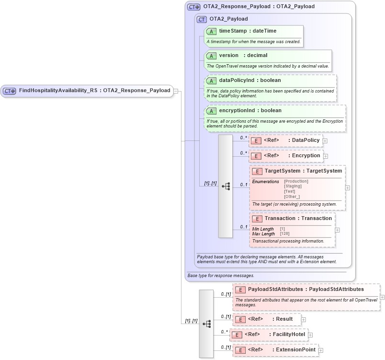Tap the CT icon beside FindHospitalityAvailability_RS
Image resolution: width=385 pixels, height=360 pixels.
(10, 91)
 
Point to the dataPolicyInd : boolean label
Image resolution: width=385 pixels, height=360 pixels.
(250, 81)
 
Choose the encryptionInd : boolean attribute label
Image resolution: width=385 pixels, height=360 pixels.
(250, 111)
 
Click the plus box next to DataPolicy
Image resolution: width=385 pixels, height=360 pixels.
(325, 141)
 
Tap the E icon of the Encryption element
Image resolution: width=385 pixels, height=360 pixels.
(256, 156)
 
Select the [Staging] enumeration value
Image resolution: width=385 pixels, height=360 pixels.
(293, 186)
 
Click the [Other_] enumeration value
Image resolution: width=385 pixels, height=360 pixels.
(292, 197)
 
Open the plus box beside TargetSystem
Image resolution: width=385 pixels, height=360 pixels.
(348, 188)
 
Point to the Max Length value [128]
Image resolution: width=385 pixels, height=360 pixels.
(284, 234)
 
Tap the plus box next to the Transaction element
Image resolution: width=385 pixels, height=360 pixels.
(338, 230)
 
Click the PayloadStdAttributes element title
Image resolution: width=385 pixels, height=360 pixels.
(306, 290)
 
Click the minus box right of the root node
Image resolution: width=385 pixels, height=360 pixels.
(176, 91)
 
